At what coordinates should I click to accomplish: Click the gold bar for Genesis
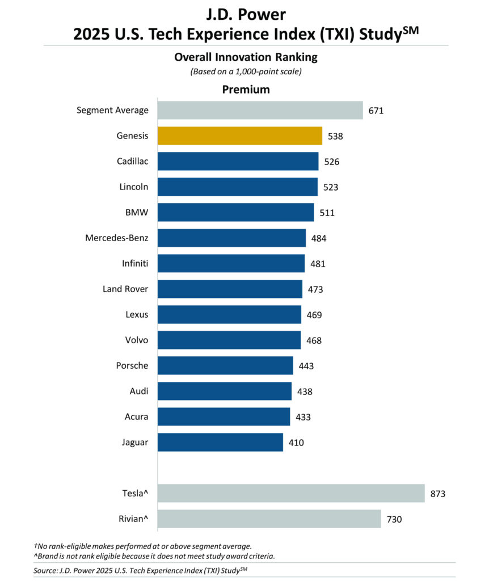click(239, 136)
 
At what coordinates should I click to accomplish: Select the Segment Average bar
click(260, 110)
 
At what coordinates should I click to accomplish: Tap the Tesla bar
click(290, 493)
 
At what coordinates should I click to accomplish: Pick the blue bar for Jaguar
click(220, 442)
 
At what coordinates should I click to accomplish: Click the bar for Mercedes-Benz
click(231, 238)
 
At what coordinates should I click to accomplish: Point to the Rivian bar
click(269, 519)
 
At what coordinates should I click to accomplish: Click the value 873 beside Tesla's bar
click(437, 494)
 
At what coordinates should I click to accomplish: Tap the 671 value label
click(376, 111)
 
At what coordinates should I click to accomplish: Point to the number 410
click(296, 443)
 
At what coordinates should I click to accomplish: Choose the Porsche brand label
click(132, 365)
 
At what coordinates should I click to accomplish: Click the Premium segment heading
click(246, 90)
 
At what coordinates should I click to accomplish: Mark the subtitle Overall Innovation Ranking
click(246, 57)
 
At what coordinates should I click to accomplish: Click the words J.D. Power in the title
click(245, 14)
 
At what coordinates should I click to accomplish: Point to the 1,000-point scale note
click(246, 72)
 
